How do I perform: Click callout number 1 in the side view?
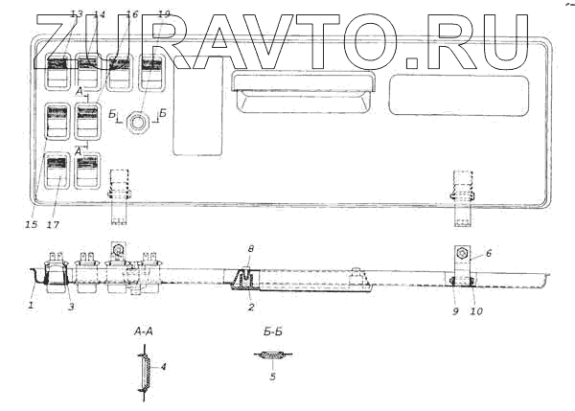tap(31, 306)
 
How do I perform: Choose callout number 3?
tap(70, 307)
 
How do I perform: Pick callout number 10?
tap(475, 309)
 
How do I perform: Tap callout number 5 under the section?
tap(272, 377)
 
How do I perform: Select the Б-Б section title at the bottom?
tap(271, 331)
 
